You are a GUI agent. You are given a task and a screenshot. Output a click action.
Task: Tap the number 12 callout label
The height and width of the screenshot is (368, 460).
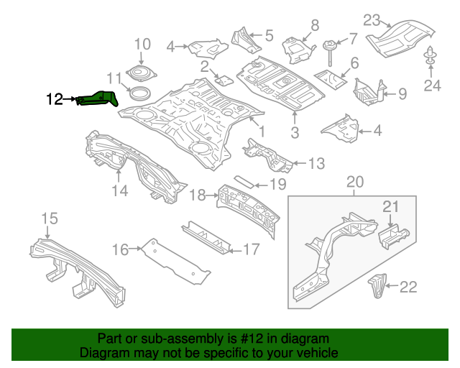[55, 100]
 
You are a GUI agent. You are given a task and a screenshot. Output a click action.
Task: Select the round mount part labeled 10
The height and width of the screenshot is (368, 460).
[140, 73]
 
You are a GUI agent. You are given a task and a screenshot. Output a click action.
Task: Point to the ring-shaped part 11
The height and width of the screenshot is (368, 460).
[139, 92]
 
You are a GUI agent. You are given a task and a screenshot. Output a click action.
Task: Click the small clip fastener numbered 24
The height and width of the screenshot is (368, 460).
[431, 56]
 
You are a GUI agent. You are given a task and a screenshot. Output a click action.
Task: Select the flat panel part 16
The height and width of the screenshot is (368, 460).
[175, 260]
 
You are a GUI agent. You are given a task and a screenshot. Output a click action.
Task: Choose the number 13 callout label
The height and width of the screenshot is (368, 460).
[316, 165]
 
